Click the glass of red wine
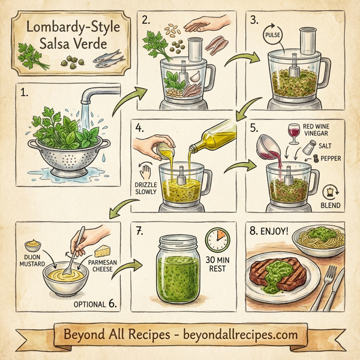293,133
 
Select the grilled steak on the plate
276,273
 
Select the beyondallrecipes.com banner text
180,333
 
